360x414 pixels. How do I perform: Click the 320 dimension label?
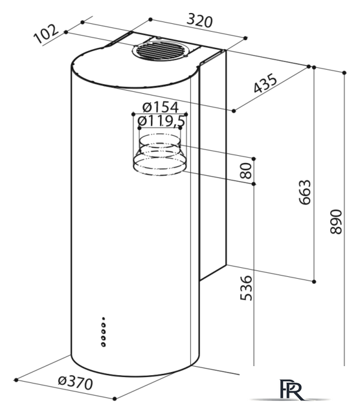199,21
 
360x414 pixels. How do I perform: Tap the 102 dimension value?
46,34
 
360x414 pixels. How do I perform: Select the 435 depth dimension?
265,83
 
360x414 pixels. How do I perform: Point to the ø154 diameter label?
161,107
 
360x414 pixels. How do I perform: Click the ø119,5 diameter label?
161,121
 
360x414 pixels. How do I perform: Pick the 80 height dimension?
246,171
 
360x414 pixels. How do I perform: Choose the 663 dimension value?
305,192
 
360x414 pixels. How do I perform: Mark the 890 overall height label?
336,221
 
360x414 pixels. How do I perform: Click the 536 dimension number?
246,288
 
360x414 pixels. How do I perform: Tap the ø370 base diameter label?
76,382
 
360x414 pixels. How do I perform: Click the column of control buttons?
104,332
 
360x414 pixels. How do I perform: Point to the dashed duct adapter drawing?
159,155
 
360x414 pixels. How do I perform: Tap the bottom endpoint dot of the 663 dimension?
314,282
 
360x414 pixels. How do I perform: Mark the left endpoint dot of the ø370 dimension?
16,380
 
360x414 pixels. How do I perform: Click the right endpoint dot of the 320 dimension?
245,38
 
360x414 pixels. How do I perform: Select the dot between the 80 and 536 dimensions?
254,184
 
